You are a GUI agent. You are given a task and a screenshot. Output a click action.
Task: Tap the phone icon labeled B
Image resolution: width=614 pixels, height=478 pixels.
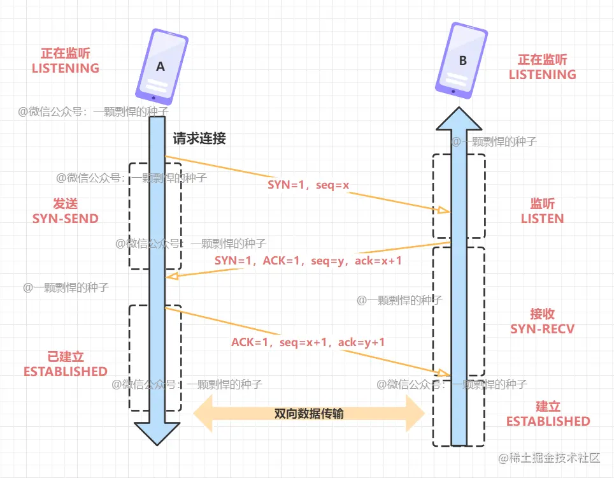click(461, 61)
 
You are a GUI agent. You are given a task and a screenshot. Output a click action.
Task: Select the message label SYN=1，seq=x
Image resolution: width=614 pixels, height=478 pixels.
click(308, 185)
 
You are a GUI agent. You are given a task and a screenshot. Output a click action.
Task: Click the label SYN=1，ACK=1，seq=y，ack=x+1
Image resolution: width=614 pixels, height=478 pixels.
click(308, 261)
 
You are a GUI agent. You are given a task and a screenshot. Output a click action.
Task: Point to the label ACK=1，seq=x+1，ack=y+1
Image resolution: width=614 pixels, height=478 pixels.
click(308, 342)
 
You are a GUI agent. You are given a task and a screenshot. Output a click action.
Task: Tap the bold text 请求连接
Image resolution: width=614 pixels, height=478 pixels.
click(199, 138)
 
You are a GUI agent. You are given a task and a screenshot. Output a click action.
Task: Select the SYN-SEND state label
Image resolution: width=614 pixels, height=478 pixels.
click(66, 219)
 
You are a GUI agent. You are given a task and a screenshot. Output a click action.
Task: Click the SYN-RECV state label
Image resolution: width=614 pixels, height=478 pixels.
click(543, 329)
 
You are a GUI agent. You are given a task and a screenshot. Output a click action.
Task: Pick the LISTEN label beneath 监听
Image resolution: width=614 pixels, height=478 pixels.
click(543, 219)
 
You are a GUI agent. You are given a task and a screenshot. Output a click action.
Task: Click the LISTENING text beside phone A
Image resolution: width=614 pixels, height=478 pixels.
click(66, 68)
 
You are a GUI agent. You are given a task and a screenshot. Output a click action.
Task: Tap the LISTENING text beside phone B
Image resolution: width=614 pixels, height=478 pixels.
click(543, 75)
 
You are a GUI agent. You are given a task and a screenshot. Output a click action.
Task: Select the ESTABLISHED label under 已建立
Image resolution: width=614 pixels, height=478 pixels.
click(66, 371)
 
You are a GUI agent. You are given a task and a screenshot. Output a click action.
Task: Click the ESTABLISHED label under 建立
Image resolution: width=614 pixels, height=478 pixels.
click(548, 421)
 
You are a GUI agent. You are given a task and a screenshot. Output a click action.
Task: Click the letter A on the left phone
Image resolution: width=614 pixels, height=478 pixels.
click(160, 66)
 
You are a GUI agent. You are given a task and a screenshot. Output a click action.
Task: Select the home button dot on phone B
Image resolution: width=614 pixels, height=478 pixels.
click(453, 91)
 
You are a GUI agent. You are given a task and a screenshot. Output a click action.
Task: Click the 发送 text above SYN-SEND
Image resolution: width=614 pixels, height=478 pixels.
click(66, 204)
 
